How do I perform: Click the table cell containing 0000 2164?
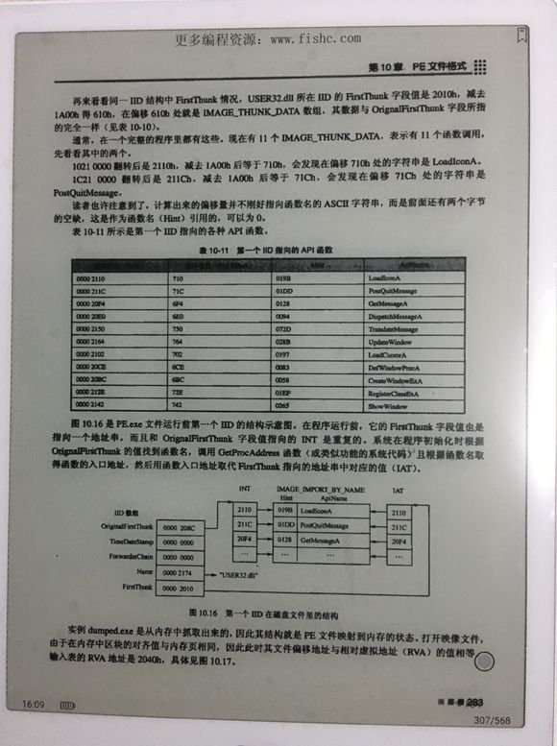point(93,340)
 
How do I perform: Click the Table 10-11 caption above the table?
point(266,251)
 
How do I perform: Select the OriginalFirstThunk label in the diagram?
point(125,527)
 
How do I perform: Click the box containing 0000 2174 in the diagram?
point(181,571)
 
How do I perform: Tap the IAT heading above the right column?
point(399,490)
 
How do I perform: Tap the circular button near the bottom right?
point(486,661)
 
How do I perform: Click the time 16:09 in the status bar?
point(34,706)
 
